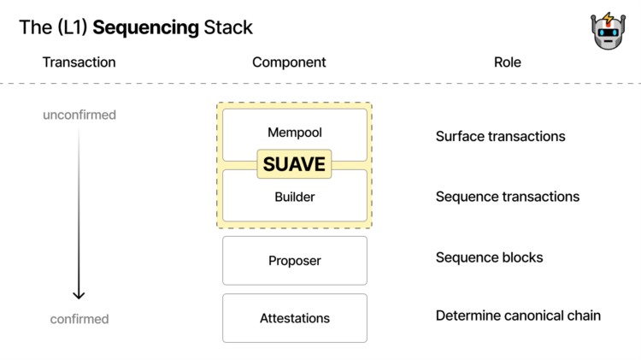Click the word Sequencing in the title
[x=145, y=27]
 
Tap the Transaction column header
[x=79, y=62]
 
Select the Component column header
[x=289, y=62]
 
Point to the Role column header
[x=507, y=62]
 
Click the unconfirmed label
[x=79, y=115]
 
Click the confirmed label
[x=79, y=319]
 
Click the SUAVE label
[x=294, y=164]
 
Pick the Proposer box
[x=294, y=261]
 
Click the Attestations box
[x=294, y=318]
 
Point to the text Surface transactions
[x=500, y=136]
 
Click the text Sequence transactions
[x=507, y=197]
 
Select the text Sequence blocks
[x=489, y=257]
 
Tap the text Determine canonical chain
[x=518, y=316]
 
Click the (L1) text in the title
[x=69, y=27]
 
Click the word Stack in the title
[x=228, y=27]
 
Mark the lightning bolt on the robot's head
[x=608, y=18]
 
